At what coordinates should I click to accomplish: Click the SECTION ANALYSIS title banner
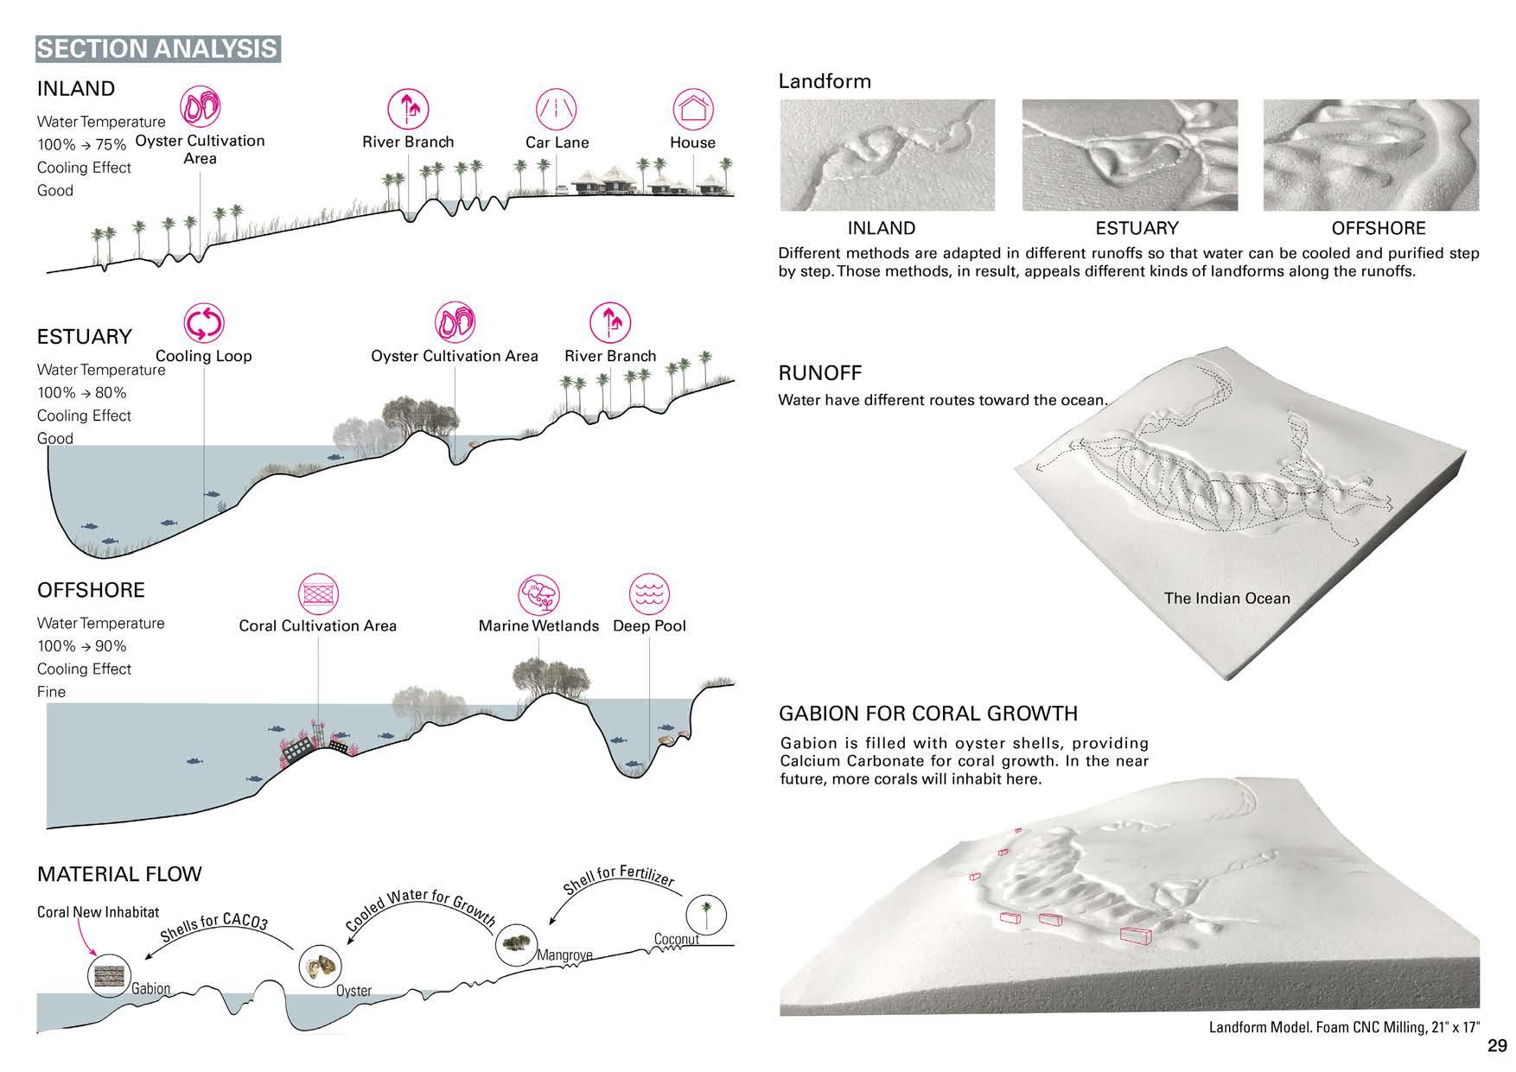pyautogui.click(x=157, y=48)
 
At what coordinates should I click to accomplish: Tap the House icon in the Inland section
pyautogui.click(x=693, y=110)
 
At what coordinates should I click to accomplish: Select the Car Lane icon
pyautogui.click(x=557, y=110)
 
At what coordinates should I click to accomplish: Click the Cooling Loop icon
pyautogui.click(x=204, y=324)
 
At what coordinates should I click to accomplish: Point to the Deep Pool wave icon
pyautogui.click(x=649, y=594)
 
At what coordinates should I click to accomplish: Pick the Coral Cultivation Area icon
pyautogui.click(x=318, y=594)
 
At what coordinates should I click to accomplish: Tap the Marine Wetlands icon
pyautogui.click(x=538, y=594)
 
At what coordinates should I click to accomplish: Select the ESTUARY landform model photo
pyautogui.click(x=1130, y=155)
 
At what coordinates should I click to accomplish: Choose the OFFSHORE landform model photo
pyautogui.click(x=1371, y=155)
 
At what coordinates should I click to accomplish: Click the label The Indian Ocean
pyautogui.click(x=1226, y=598)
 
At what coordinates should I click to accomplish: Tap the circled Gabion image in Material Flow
pyautogui.click(x=111, y=974)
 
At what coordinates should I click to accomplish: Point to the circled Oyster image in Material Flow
pyautogui.click(x=320, y=967)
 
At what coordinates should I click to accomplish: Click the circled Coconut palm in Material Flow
pyautogui.click(x=707, y=913)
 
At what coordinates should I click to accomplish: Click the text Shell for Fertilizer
pyautogui.click(x=618, y=879)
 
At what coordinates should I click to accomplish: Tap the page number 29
pyautogui.click(x=1497, y=1046)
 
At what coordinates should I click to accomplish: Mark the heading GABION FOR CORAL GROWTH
pyautogui.click(x=928, y=714)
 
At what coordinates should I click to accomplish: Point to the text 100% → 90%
pyautogui.click(x=81, y=646)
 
